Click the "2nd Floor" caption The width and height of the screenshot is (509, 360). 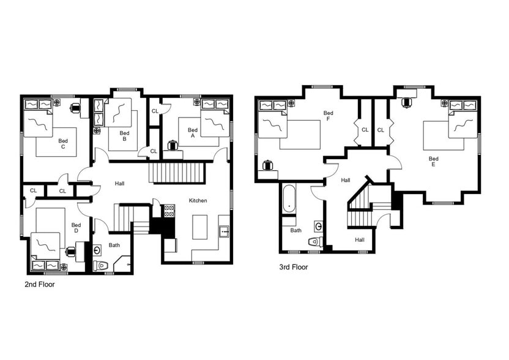coord(40,285)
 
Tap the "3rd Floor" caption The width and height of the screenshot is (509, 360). coord(293,267)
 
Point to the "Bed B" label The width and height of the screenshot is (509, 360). coord(124,136)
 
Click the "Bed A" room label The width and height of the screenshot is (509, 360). coord(193,133)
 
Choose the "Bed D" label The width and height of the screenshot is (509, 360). coord(76,228)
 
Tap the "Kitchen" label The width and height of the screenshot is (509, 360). coord(198,201)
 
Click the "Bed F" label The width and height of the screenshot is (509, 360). coord(329,116)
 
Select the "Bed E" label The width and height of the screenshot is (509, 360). coord(433,162)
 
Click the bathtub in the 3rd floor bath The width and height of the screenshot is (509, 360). coord(288,198)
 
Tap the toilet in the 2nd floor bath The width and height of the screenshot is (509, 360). coord(101,266)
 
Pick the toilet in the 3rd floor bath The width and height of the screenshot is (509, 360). coord(315,242)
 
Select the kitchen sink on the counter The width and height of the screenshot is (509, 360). coord(225,231)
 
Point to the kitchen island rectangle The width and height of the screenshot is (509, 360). coord(199,227)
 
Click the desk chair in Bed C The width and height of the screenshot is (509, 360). coord(76,108)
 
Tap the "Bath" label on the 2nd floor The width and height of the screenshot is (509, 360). coord(114,246)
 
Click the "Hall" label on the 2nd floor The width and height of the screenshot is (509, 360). coord(120,183)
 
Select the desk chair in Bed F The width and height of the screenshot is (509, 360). coord(267,165)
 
